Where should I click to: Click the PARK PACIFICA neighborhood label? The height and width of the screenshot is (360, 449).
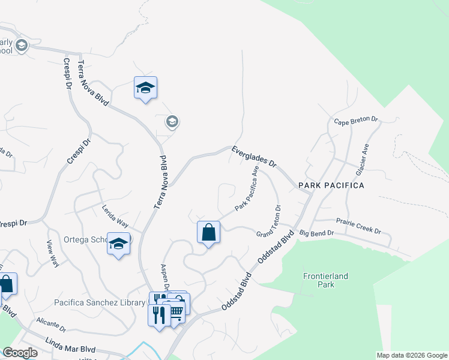click(x=331, y=185)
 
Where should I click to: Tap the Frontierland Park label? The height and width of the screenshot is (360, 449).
click(x=325, y=280)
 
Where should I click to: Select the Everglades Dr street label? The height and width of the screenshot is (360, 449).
click(x=254, y=155)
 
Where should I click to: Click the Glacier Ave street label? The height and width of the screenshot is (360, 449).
click(x=362, y=159)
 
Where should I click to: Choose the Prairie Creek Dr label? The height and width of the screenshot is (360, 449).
click(x=358, y=226)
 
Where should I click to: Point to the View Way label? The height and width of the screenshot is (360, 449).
click(x=53, y=253)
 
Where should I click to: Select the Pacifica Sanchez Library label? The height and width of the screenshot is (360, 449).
click(x=100, y=302)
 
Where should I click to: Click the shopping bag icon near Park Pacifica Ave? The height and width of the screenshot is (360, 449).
click(x=208, y=232)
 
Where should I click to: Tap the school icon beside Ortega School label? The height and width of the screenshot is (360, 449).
click(x=119, y=244)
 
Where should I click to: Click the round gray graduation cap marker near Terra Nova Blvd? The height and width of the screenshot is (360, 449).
click(x=172, y=122)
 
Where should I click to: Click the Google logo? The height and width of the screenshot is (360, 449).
click(x=20, y=353)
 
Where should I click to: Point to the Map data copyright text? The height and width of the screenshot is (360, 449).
click(x=411, y=355)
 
